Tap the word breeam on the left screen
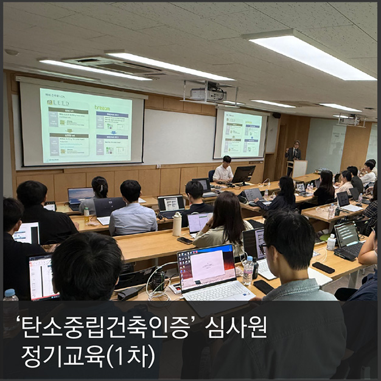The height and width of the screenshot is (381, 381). (x=102, y=107)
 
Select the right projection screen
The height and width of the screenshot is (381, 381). (x=240, y=135)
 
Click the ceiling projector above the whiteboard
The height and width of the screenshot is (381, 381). (x=208, y=94)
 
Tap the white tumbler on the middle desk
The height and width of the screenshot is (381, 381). (x=177, y=224)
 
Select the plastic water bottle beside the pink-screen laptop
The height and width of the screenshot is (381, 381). (x=248, y=270)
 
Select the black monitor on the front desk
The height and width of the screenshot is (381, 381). (x=244, y=175)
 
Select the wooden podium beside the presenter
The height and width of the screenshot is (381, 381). (x=299, y=168)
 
